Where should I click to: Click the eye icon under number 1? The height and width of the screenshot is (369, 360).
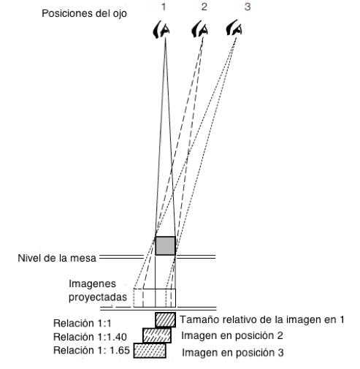point(165,30)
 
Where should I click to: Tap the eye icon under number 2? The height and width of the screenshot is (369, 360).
point(202,30)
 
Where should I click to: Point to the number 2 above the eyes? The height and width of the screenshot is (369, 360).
point(204,7)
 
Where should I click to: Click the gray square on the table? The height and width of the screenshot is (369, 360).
point(165,245)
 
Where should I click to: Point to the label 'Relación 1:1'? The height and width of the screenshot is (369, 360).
point(78,322)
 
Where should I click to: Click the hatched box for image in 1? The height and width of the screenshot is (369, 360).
point(166,319)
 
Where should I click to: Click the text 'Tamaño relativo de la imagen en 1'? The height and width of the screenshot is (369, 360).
point(261,319)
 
